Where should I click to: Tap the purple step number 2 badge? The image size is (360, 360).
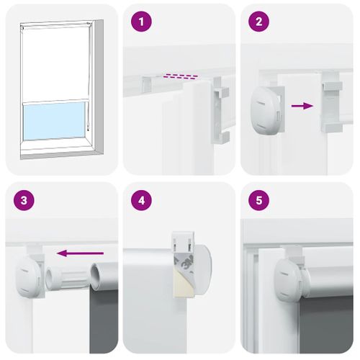258,22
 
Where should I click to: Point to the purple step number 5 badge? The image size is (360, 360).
258,200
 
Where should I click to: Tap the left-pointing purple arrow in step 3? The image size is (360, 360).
79,253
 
